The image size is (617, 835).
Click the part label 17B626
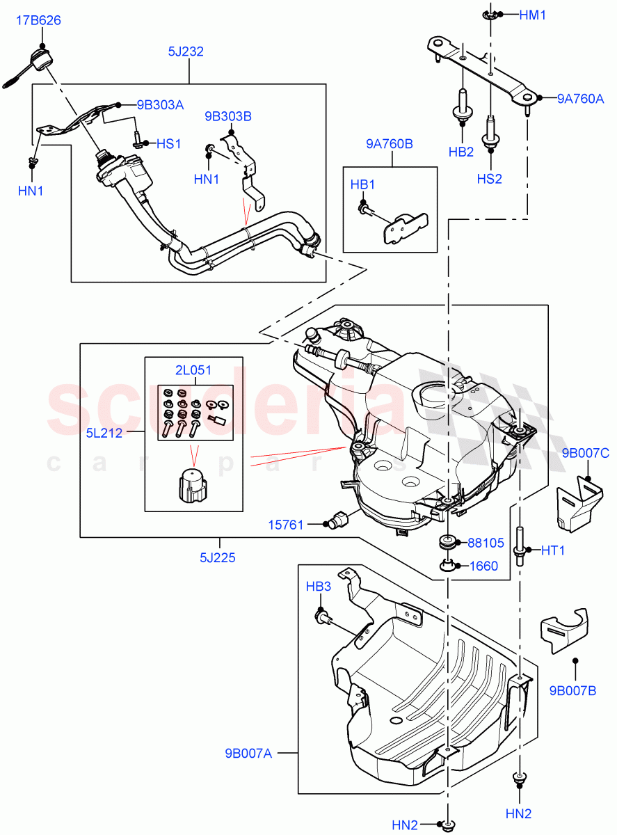(38, 21)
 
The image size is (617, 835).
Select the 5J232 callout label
(185, 51)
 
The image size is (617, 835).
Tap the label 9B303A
(160, 105)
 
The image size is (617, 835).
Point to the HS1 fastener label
(168, 144)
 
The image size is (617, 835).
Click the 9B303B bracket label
(227, 116)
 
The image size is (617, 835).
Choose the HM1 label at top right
(533, 15)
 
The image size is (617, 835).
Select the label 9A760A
(581, 99)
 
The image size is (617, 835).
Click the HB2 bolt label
(461, 152)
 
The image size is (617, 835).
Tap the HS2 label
(489, 179)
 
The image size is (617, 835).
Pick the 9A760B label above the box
(390, 144)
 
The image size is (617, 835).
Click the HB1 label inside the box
(362, 185)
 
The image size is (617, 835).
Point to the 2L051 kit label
(193, 370)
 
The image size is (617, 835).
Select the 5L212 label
(104, 434)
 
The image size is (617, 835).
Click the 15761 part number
(286, 525)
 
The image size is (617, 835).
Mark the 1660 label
(483, 566)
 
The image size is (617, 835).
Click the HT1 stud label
(554, 550)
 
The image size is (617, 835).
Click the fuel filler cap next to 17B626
(39, 61)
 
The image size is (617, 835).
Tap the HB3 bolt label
(319, 587)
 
